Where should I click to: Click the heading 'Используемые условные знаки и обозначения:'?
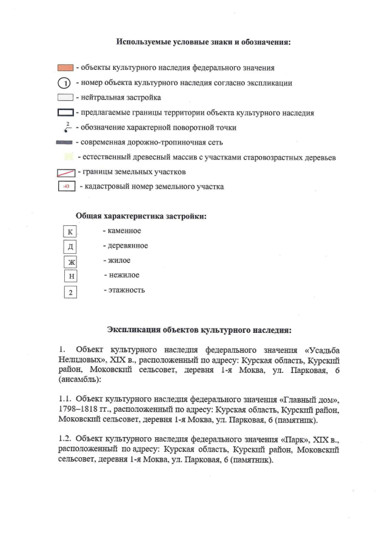click(203, 43)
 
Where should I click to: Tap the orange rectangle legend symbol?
click(65, 67)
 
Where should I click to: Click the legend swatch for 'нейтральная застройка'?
click(65, 97)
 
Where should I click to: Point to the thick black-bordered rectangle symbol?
click(65, 112)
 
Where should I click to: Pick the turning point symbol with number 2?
click(67, 128)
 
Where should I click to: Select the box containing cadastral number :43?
click(66, 187)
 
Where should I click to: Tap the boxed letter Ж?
click(71, 262)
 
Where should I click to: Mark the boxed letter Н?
click(72, 276)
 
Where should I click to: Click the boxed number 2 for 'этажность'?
click(72, 292)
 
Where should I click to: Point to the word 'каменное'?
click(124, 231)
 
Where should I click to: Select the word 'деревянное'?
click(127, 245)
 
